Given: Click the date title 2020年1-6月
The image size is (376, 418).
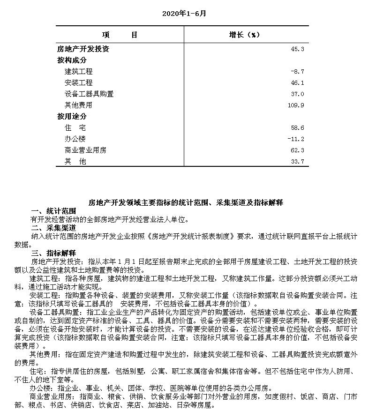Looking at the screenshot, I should click(x=184, y=13).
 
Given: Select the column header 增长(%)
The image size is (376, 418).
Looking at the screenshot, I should click(x=244, y=35).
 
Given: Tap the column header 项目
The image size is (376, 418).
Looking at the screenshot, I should click(x=119, y=35).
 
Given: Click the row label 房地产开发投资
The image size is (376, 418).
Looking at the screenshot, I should click(x=83, y=49).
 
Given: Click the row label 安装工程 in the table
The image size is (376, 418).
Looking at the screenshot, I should click(x=79, y=83).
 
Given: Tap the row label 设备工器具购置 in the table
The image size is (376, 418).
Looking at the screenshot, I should click(x=89, y=94).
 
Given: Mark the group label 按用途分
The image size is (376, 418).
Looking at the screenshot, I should click(x=72, y=117).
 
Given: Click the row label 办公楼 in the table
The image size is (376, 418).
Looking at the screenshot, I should click(x=75, y=139).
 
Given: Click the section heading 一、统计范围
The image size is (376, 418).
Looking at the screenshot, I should click(x=50, y=211).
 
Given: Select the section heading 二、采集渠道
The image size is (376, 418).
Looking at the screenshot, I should click(x=50, y=228).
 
